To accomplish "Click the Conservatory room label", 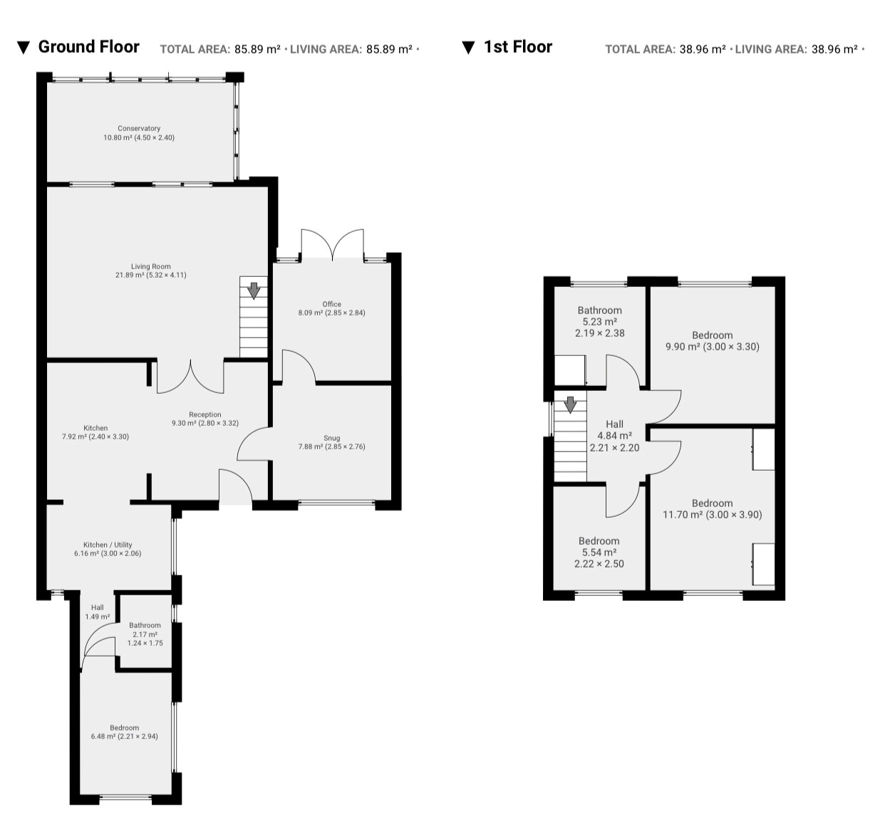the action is (139, 132).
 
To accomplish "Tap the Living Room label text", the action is (150, 271).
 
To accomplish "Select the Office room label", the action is (331, 308).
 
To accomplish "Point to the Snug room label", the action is (331, 442).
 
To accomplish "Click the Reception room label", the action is (205, 419).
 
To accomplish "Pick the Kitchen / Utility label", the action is (108, 549).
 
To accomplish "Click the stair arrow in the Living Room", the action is (254, 290).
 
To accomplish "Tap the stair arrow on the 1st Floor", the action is (570, 405).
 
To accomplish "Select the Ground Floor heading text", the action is (88, 47).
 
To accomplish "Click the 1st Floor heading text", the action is (518, 47).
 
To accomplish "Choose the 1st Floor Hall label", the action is (614, 436).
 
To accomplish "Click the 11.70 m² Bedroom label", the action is (712, 509).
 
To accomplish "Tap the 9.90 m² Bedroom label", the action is (712, 341).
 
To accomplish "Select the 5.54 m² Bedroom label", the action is (599, 552).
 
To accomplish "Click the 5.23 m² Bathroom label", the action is (599, 322).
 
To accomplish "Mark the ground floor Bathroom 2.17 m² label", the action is (145, 634).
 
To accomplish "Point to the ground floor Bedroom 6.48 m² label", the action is (124, 732).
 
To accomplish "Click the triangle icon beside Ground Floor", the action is (24, 48).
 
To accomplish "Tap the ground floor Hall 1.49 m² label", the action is (97, 612).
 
